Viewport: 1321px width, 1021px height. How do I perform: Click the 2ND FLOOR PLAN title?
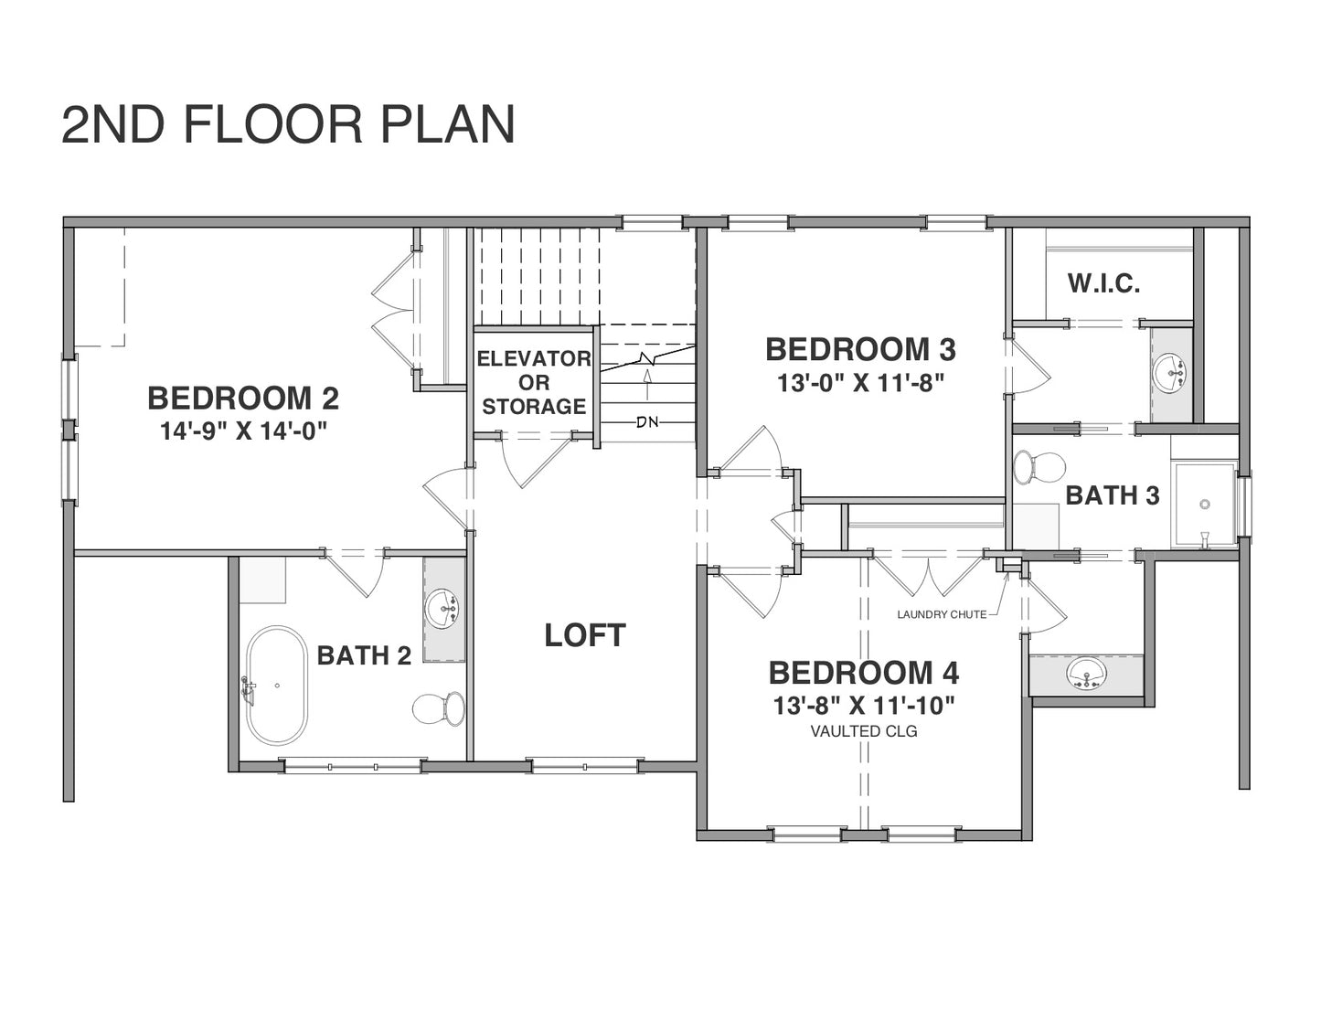coord(288,124)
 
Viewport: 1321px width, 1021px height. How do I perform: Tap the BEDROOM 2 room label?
coord(243,399)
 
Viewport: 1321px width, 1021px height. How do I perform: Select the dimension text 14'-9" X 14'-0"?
coord(243,431)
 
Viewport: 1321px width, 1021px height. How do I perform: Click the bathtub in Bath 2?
coord(277,686)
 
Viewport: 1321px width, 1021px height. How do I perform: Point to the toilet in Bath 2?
coord(438,708)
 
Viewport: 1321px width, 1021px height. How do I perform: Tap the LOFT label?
coord(585,635)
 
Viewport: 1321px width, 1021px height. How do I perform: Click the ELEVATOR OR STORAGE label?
coord(534,382)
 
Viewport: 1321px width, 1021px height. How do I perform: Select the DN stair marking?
coord(647,421)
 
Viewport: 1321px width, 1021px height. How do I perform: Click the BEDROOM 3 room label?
coord(860,349)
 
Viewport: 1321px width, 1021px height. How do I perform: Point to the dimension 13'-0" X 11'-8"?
coord(860,384)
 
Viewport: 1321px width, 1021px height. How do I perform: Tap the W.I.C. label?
coord(1104,283)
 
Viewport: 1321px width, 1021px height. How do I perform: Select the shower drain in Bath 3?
coord(1205,504)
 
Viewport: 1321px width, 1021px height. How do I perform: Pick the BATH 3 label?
coord(1113,496)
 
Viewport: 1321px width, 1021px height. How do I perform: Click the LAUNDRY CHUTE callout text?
coord(942,615)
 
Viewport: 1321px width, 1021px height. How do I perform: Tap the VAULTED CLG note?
coord(864,732)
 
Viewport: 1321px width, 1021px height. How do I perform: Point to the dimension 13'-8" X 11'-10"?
coord(864,706)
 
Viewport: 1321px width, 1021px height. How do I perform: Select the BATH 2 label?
coord(364,655)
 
